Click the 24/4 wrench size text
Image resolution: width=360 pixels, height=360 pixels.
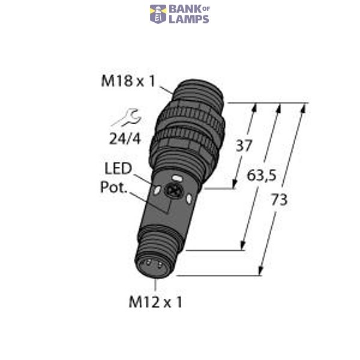pyautogui.click(x=125, y=139)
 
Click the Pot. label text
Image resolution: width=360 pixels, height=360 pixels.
pyautogui.click(x=113, y=187)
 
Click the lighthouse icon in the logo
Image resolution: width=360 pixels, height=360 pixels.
pyautogui.click(x=158, y=14)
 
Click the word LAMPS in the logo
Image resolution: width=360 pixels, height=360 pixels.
pyautogui.click(x=189, y=19)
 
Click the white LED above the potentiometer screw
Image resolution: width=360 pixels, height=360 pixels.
pyautogui.click(x=177, y=178)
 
